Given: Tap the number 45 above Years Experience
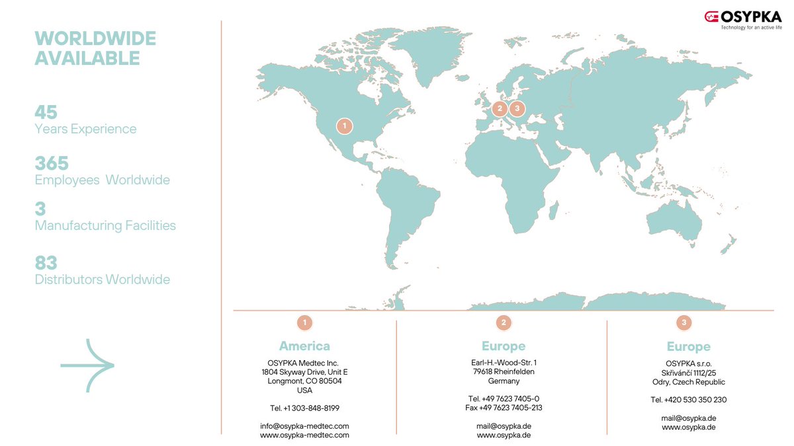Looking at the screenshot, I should pos(46,112).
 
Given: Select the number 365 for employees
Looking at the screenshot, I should pos(52,163).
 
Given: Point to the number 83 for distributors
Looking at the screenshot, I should pos(46,263).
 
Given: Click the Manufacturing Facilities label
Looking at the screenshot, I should pos(105,225).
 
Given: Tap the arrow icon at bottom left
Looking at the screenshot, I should pos(87,365).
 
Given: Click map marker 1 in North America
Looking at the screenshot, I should pos(344,125).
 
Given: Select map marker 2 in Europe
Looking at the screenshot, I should pos(500,109).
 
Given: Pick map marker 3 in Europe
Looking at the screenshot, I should pos(517,109).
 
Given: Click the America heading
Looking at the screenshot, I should pos(304,346).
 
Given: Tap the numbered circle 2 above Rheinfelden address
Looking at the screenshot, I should pos(504,322).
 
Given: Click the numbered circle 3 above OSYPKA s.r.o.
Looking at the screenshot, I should pos(684,322).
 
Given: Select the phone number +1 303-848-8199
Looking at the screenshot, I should pos(304,408).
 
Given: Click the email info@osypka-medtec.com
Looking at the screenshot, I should pos(304,426).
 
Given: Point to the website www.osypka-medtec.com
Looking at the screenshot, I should pos(304,435).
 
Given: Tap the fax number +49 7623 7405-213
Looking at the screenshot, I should pos(504,408).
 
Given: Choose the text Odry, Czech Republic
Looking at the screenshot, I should pos(688,382).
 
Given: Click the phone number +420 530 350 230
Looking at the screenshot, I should pos(688,400).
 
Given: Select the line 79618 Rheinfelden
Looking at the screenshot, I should pos(504,372).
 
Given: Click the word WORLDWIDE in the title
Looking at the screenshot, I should pos(95,38).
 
